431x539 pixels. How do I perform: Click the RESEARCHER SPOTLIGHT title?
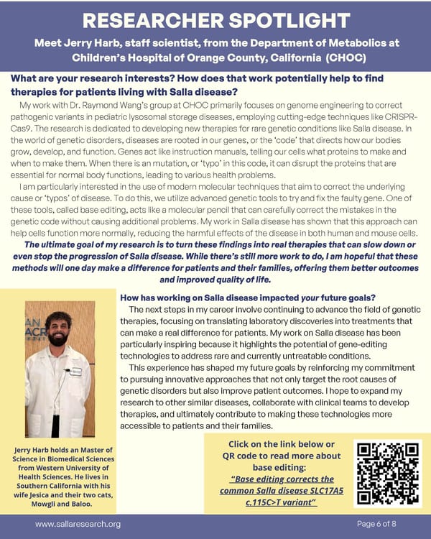tap(215, 18)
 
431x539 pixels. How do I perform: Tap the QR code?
tap(389, 472)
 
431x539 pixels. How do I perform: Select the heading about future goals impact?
tap(252, 298)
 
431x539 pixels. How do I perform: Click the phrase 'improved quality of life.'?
tap(215, 280)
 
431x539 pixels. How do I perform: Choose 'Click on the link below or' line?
tap(280, 443)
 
